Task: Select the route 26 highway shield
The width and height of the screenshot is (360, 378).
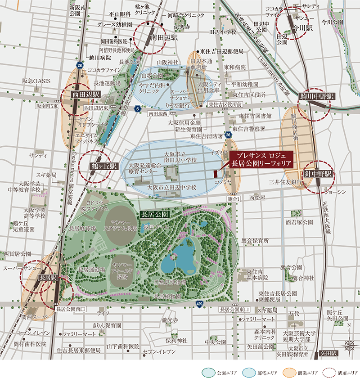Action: (229, 135)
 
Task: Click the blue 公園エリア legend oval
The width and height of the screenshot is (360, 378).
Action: (209, 373)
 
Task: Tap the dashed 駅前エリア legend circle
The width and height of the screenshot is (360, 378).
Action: (334, 373)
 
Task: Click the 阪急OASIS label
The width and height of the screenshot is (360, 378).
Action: (36, 81)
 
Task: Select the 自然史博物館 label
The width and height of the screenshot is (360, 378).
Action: (170, 282)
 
